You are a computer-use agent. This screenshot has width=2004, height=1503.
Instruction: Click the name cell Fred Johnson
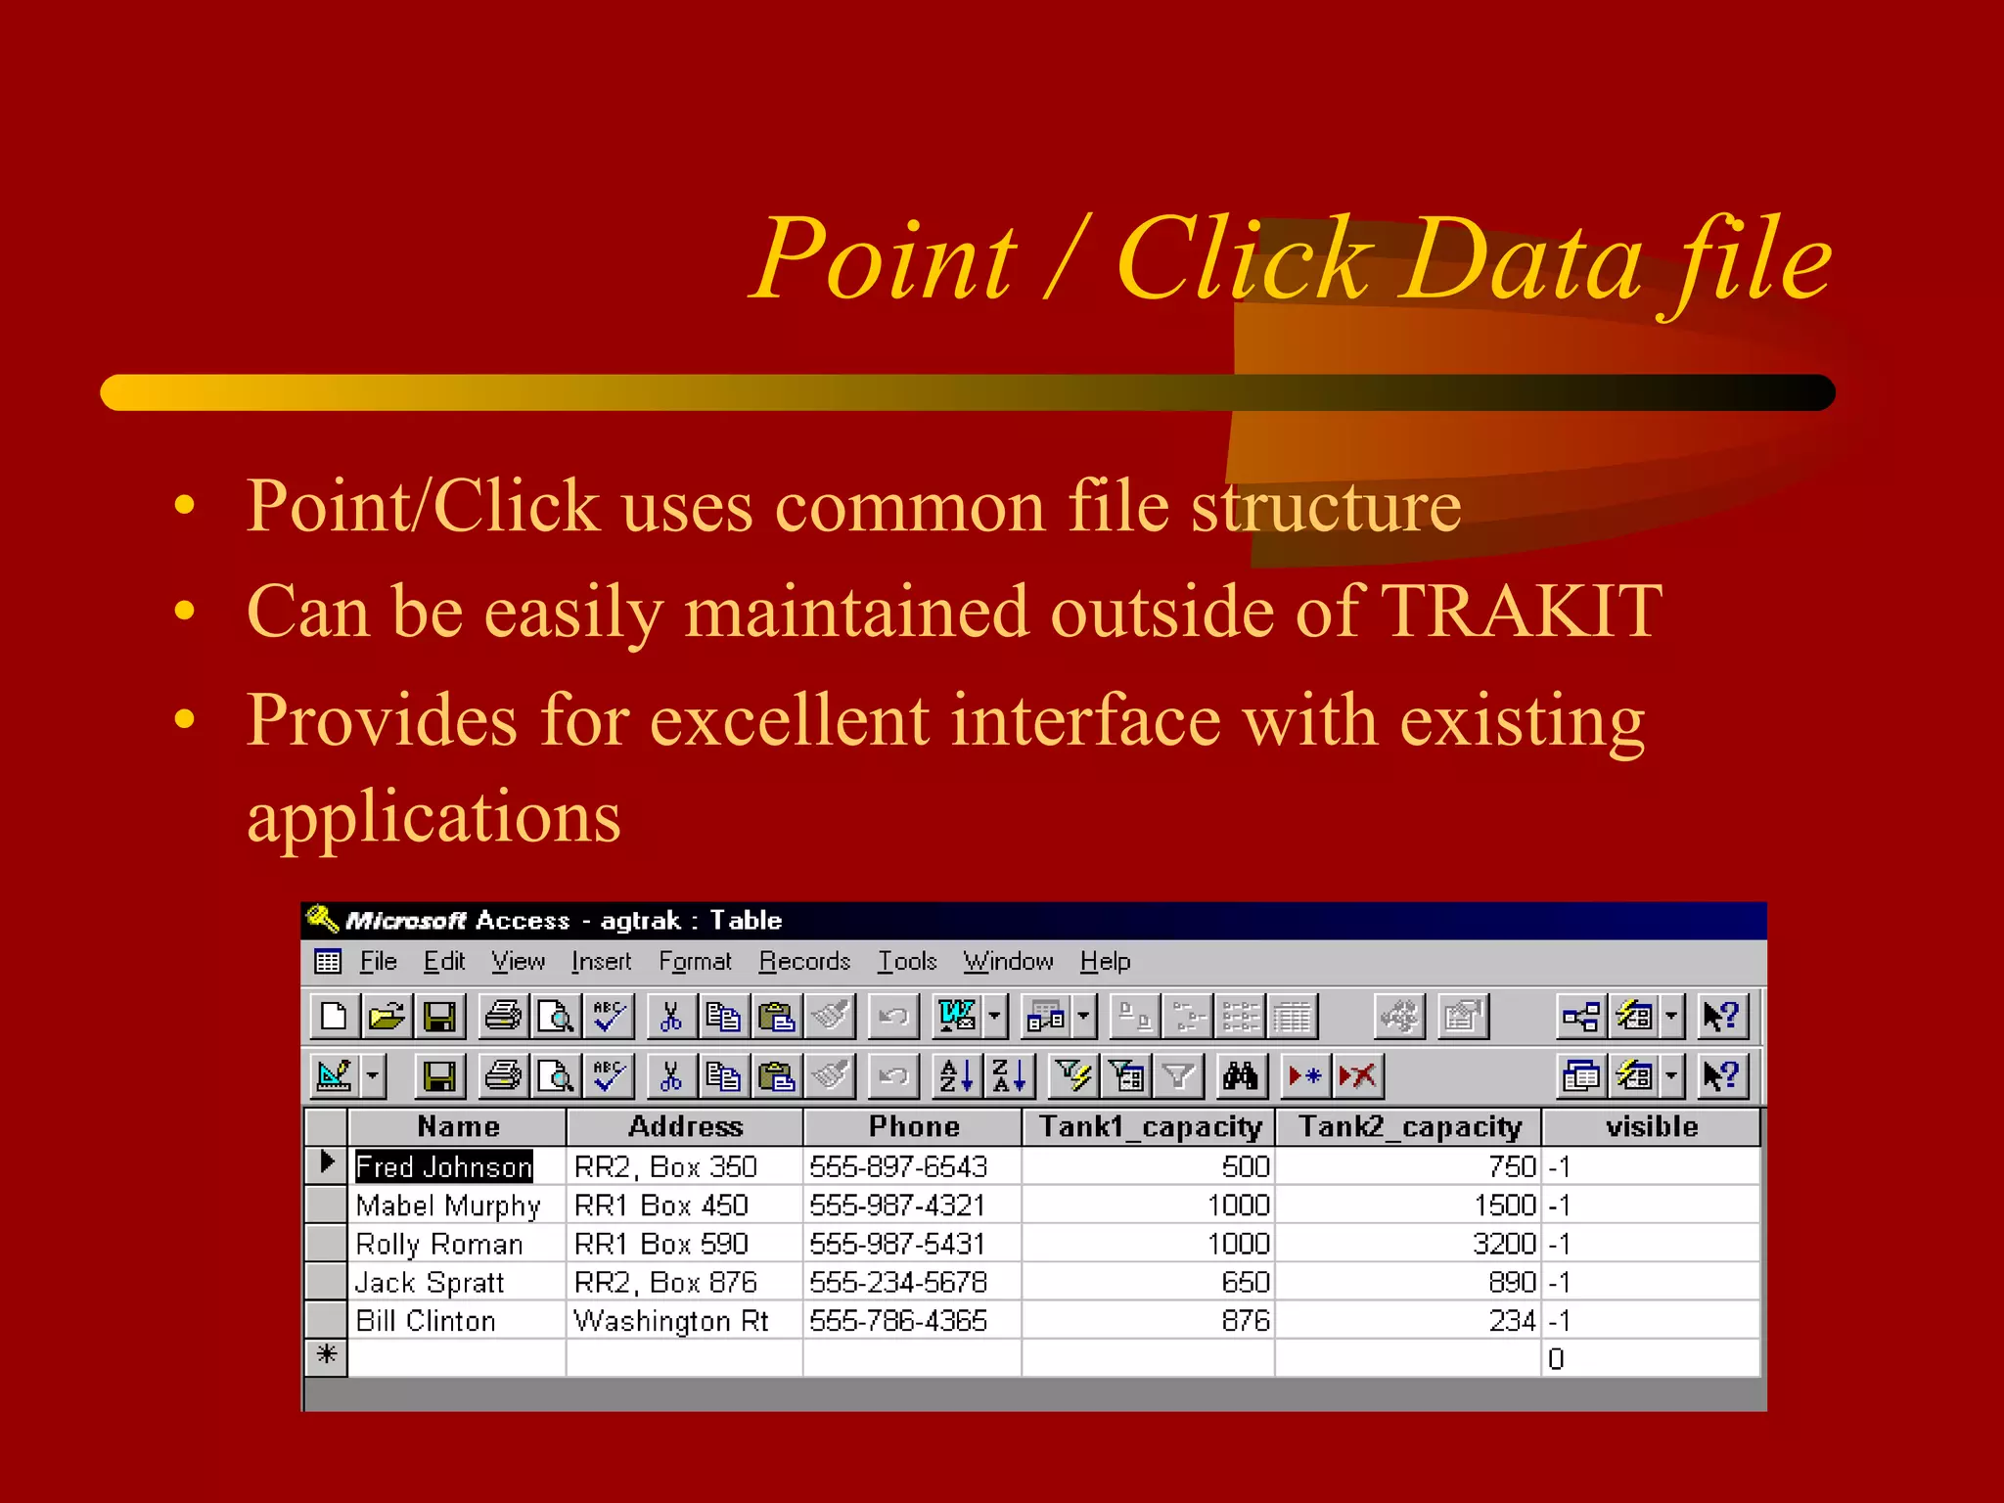pyautogui.click(x=443, y=1166)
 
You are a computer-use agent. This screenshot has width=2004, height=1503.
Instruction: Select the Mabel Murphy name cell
pyautogui.click(x=448, y=1206)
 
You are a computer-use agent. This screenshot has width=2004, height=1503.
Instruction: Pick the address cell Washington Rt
pyautogui.click(x=671, y=1321)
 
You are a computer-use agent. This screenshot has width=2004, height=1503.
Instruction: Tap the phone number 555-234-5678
pyautogui.click(x=898, y=1282)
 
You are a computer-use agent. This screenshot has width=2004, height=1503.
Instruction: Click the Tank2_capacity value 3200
pyautogui.click(x=1504, y=1244)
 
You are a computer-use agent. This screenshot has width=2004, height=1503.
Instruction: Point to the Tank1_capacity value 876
pyautogui.click(x=1245, y=1321)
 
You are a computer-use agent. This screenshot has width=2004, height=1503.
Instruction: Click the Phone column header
pyautogui.click(x=913, y=1126)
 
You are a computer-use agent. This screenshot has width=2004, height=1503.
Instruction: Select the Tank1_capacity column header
pyautogui.click(x=1150, y=1126)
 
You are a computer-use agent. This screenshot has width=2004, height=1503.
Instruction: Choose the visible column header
pyautogui.click(x=1651, y=1126)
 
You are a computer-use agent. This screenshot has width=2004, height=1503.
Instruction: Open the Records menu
pyautogui.click(x=804, y=962)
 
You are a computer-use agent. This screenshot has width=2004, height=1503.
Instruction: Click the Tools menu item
pyautogui.click(x=907, y=962)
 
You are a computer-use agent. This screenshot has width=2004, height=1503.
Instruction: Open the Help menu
pyautogui.click(x=1105, y=962)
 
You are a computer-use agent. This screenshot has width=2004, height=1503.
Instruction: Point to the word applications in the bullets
pyautogui.click(x=433, y=816)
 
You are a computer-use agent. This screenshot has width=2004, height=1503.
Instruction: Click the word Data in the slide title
pyautogui.click(x=1523, y=260)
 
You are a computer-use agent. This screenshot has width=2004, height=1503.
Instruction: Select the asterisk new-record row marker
pyautogui.click(x=327, y=1355)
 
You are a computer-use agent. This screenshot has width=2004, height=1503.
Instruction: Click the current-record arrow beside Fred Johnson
pyautogui.click(x=327, y=1163)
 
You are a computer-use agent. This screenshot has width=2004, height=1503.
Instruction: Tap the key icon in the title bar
pyautogui.click(x=322, y=919)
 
